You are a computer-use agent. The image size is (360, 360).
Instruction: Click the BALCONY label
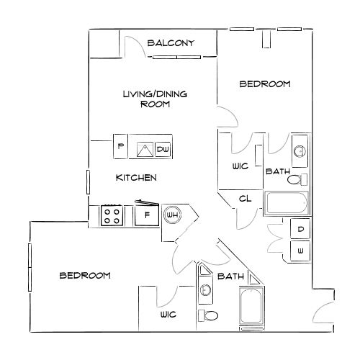[171, 43]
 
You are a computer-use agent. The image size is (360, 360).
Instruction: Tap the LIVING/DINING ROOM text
[155, 99]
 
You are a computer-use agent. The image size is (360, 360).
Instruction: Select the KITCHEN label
[136, 178]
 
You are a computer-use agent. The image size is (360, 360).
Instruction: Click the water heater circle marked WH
[172, 215]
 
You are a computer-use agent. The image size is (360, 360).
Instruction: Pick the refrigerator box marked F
[147, 215]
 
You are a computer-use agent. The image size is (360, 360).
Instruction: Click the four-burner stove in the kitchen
[112, 215]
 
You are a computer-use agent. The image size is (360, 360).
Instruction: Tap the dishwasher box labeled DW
[163, 149]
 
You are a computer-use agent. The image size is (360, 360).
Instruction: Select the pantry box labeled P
[120, 146]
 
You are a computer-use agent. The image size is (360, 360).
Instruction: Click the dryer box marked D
[300, 229]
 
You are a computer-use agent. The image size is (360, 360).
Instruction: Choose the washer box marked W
[300, 251]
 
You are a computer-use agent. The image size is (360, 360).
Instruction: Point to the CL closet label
[245, 199]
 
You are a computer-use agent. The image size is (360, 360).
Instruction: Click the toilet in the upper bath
[297, 179]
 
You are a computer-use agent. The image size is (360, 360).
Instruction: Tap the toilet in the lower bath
[208, 315]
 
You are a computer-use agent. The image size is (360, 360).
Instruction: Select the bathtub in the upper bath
[286, 203]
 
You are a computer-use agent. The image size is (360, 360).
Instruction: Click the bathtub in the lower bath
[251, 305]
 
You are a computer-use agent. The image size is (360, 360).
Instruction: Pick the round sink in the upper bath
[300, 151]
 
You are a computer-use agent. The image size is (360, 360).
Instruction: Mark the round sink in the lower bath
[205, 289]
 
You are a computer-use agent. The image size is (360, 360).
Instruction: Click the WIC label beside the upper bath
[240, 166]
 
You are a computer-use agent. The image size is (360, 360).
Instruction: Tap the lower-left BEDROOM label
[85, 275]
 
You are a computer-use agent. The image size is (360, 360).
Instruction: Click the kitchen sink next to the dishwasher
[145, 150]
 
